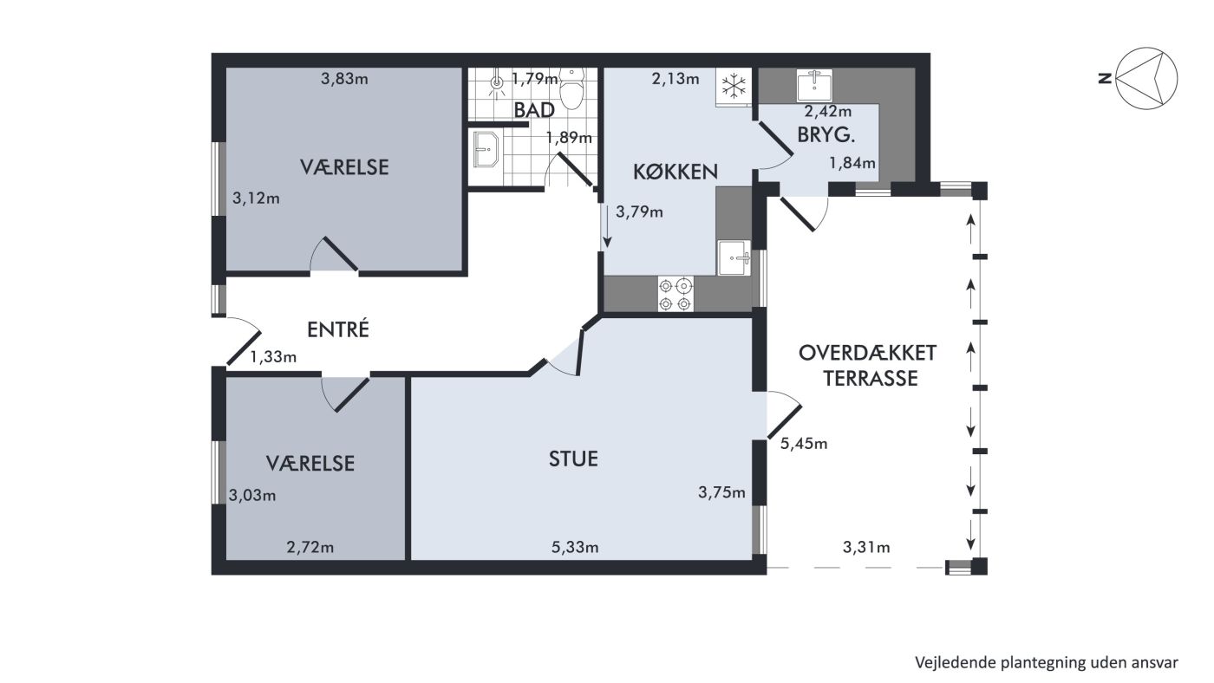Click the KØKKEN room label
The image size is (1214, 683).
click(x=676, y=172)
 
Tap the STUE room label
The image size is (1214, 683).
click(x=573, y=459)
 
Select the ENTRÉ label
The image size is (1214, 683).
click(x=338, y=328)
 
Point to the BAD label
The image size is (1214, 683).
click(x=534, y=110)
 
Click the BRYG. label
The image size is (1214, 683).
click(x=826, y=134)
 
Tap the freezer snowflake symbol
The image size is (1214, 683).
click(x=734, y=86)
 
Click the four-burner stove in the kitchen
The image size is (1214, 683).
click(x=676, y=294)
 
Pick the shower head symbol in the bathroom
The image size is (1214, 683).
click(x=496, y=83)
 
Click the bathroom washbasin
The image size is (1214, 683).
click(x=486, y=149)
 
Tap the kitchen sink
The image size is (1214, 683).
click(x=734, y=258)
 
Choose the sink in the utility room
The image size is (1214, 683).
click(x=814, y=86)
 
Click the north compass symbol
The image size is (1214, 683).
click(x=1146, y=79)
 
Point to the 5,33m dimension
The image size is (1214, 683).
click(x=575, y=548)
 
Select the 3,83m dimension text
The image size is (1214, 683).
click(x=344, y=79)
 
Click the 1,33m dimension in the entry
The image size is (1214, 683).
click(x=273, y=357)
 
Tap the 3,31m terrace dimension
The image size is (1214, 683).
click(x=866, y=548)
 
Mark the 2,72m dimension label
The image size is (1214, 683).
click(x=310, y=548)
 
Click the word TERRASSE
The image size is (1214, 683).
click(x=871, y=378)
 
